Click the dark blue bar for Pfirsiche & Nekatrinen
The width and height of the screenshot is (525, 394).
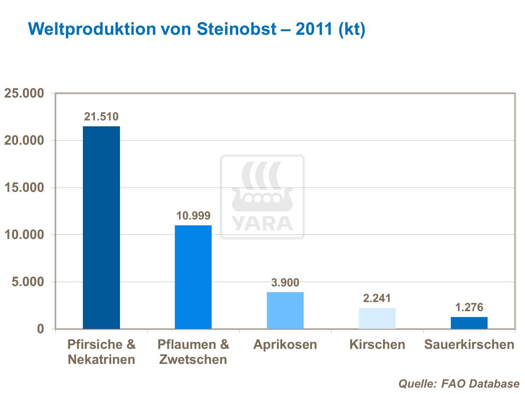(x=101, y=227)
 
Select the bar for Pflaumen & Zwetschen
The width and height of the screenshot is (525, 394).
(x=193, y=277)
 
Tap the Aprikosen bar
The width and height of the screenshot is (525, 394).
(x=285, y=310)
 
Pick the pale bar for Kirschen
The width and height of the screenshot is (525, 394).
(x=377, y=318)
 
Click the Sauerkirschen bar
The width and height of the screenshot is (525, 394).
(x=469, y=323)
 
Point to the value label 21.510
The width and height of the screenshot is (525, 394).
(x=101, y=117)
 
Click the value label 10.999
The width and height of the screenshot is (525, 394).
(x=193, y=216)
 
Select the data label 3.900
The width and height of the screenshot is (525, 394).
(x=285, y=282)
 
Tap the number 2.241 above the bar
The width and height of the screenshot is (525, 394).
(x=377, y=298)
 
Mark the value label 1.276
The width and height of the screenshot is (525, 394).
(x=469, y=307)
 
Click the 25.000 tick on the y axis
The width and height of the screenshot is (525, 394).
(x=24, y=93)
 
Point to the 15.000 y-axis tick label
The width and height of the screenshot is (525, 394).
(x=24, y=188)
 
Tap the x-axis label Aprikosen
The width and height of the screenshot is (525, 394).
(x=285, y=344)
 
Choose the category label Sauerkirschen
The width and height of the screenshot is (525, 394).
(x=469, y=344)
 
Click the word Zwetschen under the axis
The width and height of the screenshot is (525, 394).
(x=193, y=359)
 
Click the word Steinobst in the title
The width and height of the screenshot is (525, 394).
(x=236, y=29)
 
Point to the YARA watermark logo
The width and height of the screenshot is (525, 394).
(x=262, y=197)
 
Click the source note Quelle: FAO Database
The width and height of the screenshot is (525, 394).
(x=459, y=384)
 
